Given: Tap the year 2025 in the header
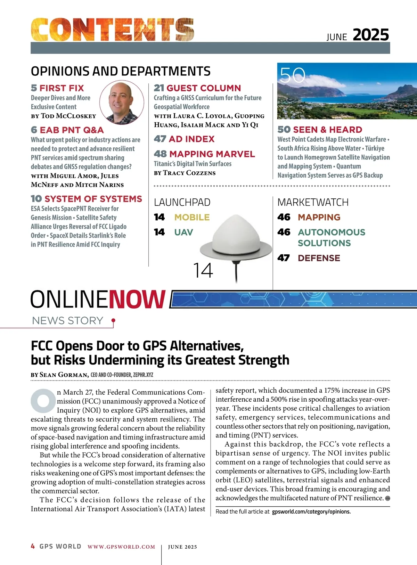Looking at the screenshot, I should tap(371, 35).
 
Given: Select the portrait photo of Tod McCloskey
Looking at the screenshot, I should tap(122, 102).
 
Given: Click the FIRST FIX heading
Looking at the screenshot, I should tap(58, 88).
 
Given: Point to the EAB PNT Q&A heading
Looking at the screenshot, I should tap(67, 130).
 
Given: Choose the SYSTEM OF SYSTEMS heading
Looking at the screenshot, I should tap(87, 199).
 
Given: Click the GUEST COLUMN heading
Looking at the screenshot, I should tap(197, 88).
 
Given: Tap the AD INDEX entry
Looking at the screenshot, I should tap(184, 139).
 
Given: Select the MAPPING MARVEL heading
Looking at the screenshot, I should tap(204, 154).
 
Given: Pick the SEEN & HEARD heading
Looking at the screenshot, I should tap(320, 130).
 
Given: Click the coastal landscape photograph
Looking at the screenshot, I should tap(347, 91).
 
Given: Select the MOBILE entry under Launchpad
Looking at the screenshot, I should tap(192, 217).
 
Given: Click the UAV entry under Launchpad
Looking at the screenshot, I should tap(183, 232).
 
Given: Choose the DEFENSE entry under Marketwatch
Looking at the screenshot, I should tap(319, 258).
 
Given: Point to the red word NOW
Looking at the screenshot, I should tap(137, 299).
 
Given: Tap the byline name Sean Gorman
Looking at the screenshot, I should tap(64, 375).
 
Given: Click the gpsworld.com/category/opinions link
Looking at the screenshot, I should tap(311, 511).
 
